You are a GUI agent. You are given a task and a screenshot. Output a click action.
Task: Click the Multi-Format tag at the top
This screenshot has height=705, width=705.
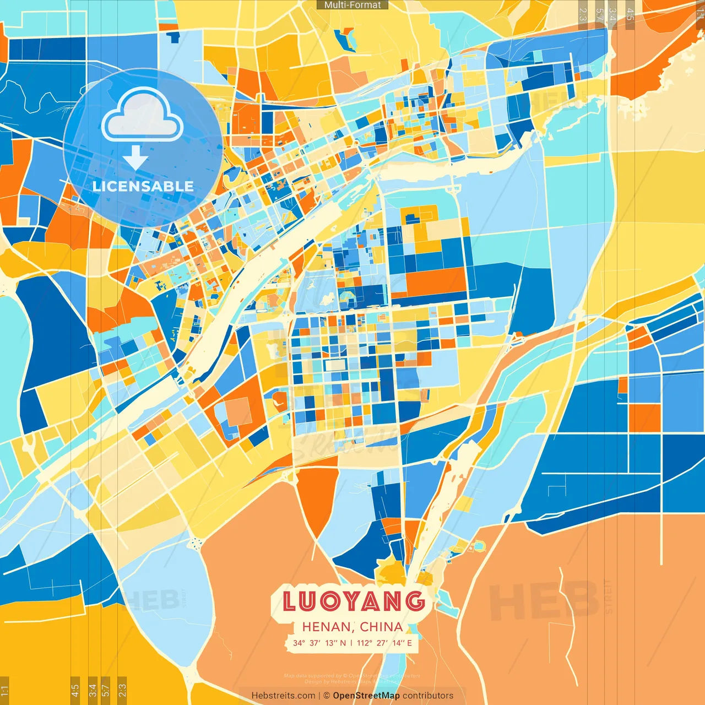coord(352,5)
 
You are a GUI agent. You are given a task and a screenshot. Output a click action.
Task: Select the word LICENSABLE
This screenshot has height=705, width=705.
coord(143,186)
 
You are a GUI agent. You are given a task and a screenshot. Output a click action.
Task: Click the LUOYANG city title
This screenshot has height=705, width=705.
coord(354,601)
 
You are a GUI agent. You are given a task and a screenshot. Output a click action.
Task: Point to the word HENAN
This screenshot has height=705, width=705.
coord(327,627)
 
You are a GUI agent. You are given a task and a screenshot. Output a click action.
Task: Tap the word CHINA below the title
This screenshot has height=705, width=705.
coord(381,627)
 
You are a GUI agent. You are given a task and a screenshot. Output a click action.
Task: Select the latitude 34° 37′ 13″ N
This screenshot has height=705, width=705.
coord(319,643)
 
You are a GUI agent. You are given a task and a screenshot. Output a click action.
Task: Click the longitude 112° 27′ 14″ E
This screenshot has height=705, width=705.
coord(384,643)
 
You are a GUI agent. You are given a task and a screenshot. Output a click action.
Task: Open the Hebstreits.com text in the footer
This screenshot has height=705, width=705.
coord(283,696)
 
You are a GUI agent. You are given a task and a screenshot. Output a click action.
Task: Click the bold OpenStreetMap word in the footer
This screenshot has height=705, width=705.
coord(366,696)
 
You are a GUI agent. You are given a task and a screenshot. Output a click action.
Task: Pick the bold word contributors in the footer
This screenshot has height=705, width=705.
coord(428,696)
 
